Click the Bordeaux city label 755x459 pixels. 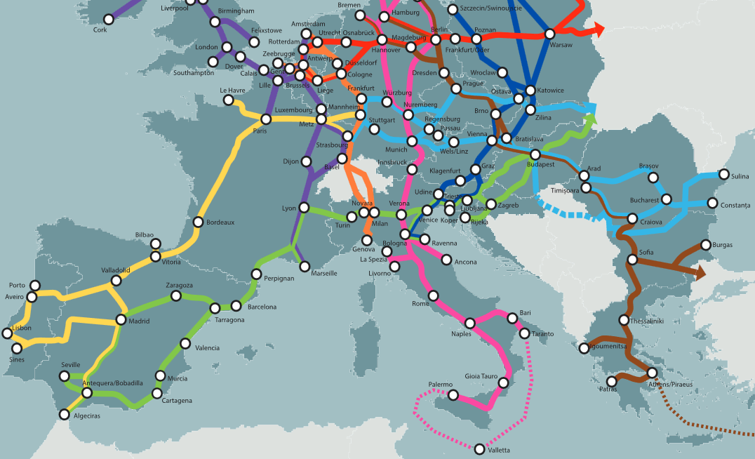(220, 222)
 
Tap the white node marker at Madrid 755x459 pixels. (121, 321)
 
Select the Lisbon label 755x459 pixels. (22, 328)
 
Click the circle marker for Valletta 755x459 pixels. (479, 448)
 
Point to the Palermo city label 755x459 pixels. (441, 385)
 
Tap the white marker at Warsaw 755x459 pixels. (549, 34)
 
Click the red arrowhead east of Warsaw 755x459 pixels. (598, 29)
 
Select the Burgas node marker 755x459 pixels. (706, 245)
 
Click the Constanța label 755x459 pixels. (734, 205)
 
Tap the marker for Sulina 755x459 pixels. (723, 175)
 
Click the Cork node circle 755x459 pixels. (108, 19)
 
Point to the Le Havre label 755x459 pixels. (232, 91)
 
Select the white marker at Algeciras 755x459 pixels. (65, 414)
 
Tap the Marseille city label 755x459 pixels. (323, 273)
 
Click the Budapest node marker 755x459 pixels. (535, 154)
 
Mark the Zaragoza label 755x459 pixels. (179, 286)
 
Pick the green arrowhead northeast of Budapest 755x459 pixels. (591, 117)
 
